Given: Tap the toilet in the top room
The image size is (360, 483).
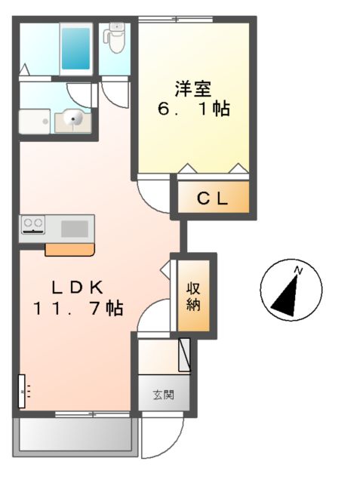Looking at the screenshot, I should click(x=115, y=38).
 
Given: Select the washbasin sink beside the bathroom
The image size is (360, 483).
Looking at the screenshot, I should click(x=73, y=118).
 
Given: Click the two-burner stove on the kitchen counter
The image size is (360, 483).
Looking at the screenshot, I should click(x=33, y=224).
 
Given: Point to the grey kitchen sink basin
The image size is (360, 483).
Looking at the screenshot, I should click(x=74, y=227).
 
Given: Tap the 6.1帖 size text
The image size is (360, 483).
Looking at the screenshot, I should click(x=192, y=109).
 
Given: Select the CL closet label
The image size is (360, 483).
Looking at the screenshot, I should click(x=213, y=198).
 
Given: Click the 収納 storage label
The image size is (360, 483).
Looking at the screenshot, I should click(x=194, y=296).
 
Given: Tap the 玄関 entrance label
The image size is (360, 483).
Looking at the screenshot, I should click(x=162, y=394).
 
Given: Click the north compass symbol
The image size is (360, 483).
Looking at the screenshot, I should click(x=291, y=291).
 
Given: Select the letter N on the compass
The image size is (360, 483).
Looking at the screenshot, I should click(x=299, y=270).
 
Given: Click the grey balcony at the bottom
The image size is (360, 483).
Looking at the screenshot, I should click(x=74, y=436).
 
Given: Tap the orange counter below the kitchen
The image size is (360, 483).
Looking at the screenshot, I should click(x=70, y=248).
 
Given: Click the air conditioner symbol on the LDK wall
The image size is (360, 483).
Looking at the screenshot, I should click(x=22, y=390).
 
